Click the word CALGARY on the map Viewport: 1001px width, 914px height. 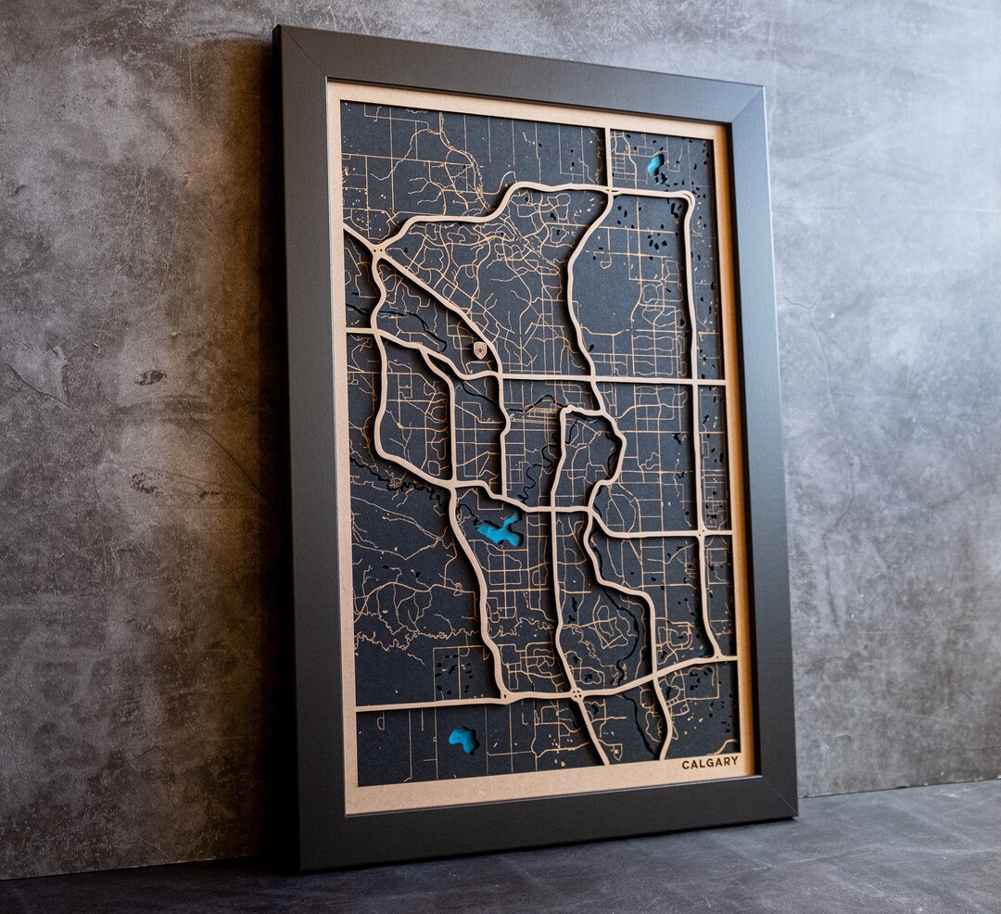pyautogui.click(x=710, y=763)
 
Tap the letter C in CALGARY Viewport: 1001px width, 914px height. pyautogui.click(x=686, y=765)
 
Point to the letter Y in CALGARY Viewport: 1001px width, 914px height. pyautogui.click(x=735, y=761)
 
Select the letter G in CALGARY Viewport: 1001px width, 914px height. pyautogui.click(x=711, y=763)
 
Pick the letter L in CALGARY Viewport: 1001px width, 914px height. pyautogui.click(x=703, y=764)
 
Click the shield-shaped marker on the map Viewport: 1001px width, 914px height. pyautogui.click(x=479, y=349)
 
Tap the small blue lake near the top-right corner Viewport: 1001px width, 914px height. pyautogui.click(x=655, y=165)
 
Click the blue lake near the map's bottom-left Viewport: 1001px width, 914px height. pyautogui.click(x=462, y=739)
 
